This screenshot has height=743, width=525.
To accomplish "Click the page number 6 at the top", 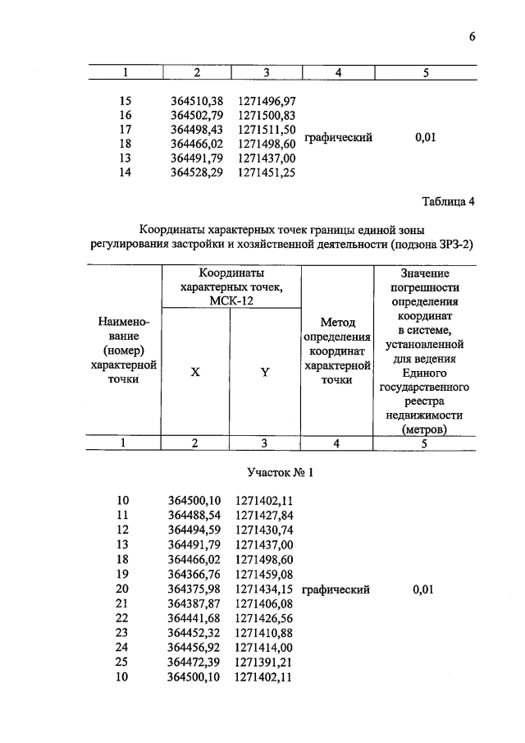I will point(473,36).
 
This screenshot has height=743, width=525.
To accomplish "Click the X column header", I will point(195,371).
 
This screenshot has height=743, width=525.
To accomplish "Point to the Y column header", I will point(265,371).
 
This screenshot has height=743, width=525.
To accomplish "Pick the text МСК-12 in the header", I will point(232,300).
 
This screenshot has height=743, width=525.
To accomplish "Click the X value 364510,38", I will point(198,101).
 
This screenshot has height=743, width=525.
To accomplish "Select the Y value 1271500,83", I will point(267,115).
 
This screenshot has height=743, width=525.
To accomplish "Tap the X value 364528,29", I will point(198,172).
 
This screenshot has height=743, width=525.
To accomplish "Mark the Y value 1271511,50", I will point(267,130).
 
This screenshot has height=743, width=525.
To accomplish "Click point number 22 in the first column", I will point(123,619).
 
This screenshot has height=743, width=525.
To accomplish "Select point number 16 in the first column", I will point(125,115).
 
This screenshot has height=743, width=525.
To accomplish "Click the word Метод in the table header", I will point(338,322).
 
